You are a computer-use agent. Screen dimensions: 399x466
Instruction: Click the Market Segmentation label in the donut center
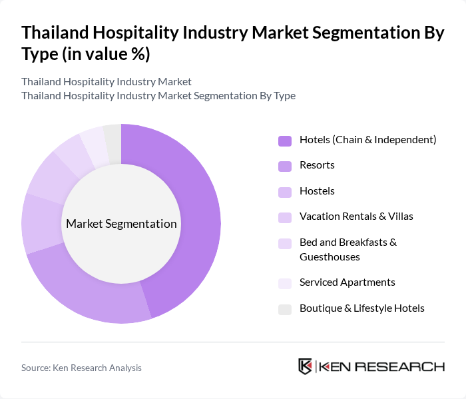pos(121,224)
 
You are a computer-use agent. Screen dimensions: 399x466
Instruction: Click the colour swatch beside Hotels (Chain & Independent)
pos(285,141)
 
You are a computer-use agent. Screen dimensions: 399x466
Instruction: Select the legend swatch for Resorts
pos(285,166)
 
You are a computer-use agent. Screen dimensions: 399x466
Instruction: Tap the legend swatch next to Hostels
pos(285,192)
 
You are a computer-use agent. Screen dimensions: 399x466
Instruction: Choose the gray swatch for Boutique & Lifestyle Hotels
pos(285,309)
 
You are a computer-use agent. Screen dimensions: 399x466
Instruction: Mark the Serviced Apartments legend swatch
pos(285,283)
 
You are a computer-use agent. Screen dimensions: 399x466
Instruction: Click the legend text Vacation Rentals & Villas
pos(356,216)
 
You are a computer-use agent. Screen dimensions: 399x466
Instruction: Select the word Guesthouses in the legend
pos(330,257)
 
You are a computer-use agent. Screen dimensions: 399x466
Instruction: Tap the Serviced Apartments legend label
pos(347,282)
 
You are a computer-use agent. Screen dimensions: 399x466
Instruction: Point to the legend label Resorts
pos(317,165)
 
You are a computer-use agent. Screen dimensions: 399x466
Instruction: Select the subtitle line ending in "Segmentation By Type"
pos(158,96)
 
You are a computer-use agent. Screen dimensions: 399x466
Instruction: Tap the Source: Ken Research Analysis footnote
pos(81,368)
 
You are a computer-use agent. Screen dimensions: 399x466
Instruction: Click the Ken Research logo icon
pos(306,366)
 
